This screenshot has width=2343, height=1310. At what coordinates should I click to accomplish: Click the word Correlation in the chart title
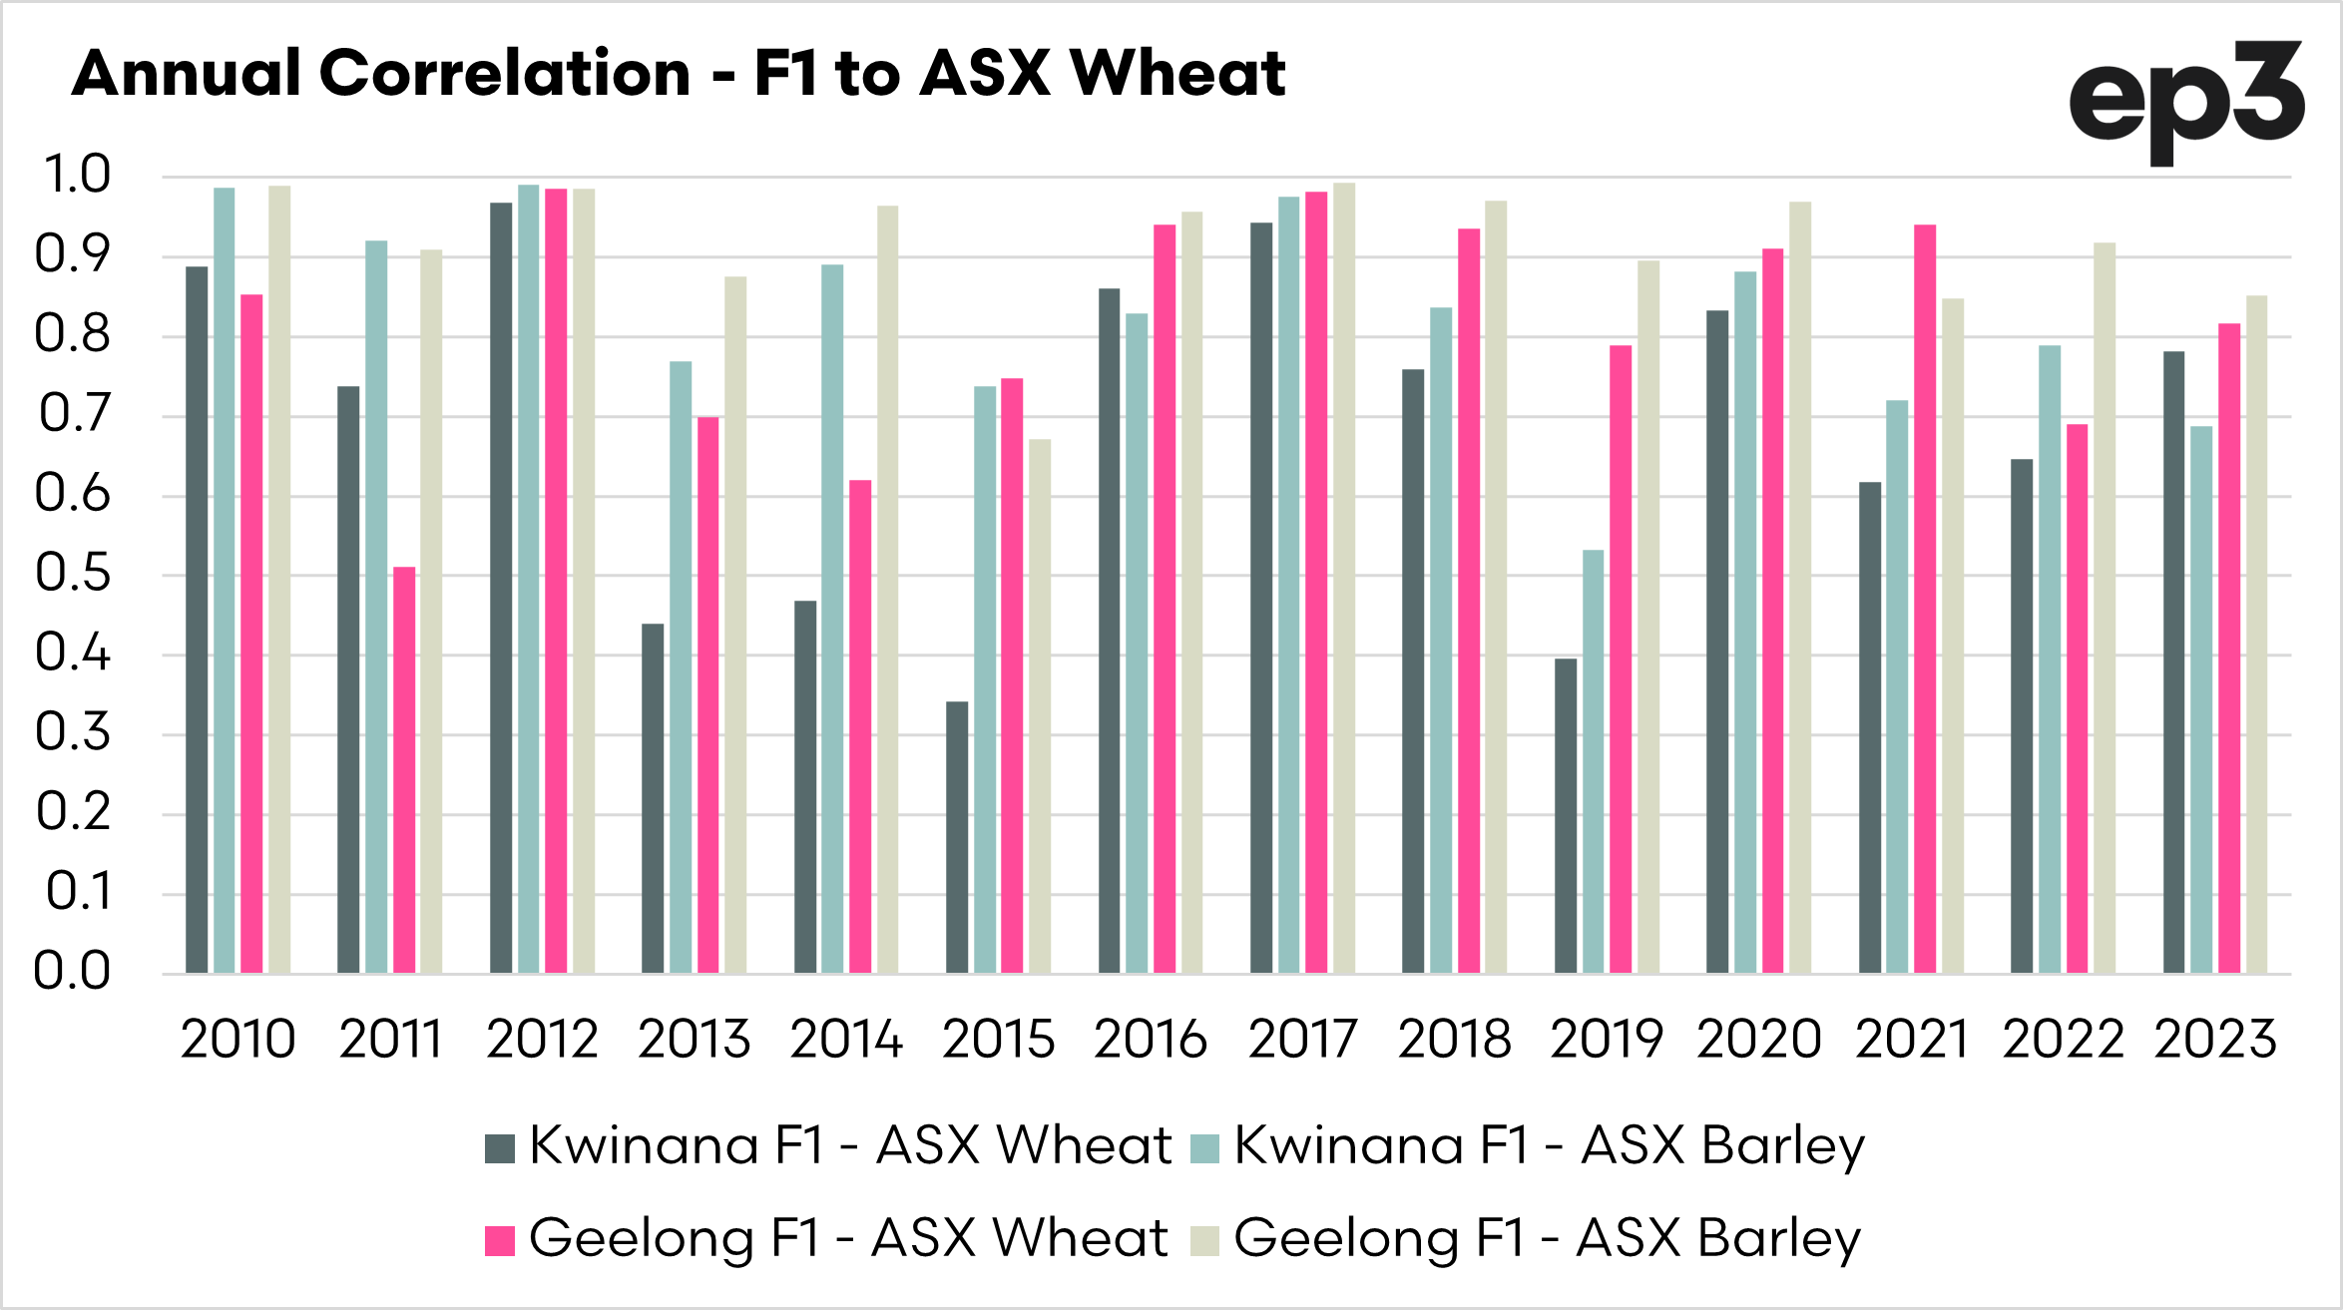pyautogui.click(x=505, y=74)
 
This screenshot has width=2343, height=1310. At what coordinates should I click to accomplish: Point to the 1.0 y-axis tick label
pyautogui.click(x=75, y=175)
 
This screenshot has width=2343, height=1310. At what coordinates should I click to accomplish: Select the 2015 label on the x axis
pyautogui.click(x=998, y=1039)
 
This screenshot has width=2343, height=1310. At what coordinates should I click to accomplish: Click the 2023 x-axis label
pyautogui.click(x=2215, y=1039)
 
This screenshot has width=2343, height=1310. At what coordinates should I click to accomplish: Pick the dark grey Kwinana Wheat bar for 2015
pyautogui.click(x=957, y=838)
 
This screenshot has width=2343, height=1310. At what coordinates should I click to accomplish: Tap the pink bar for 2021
pyautogui.click(x=1925, y=599)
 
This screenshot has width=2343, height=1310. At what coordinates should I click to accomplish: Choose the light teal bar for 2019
pyautogui.click(x=1594, y=762)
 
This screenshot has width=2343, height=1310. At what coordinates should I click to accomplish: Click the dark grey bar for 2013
pyautogui.click(x=653, y=798)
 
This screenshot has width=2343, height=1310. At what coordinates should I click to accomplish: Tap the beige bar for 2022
pyautogui.click(x=2105, y=609)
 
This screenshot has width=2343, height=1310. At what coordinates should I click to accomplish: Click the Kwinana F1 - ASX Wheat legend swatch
pyautogui.click(x=500, y=1148)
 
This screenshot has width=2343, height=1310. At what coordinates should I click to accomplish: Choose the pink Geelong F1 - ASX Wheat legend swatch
pyautogui.click(x=500, y=1240)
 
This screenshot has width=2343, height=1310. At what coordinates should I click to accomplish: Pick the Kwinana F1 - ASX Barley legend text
pyautogui.click(x=1549, y=1145)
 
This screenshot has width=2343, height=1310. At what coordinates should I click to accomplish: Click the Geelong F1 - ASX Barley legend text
pyautogui.click(x=1547, y=1238)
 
